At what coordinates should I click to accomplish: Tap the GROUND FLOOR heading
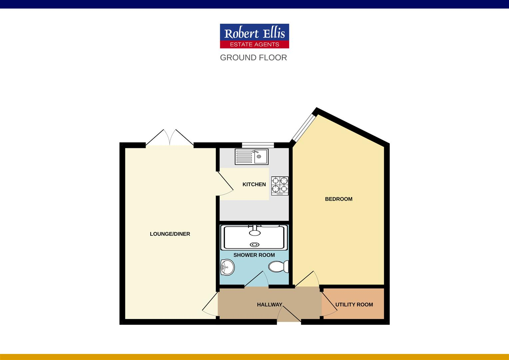tap(253, 58)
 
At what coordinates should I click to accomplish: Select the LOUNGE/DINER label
tap(170, 234)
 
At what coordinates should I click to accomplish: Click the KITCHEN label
tap(254, 184)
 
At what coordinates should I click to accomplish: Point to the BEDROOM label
tap(338, 199)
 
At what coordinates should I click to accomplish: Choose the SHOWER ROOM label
tap(254, 255)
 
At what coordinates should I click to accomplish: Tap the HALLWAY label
tap(269, 305)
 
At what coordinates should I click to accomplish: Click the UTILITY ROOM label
tap(354, 305)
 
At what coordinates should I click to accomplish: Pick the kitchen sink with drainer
tap(252, 157)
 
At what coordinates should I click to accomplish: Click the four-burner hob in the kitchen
tap(280, 186)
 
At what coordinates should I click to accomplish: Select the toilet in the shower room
tap(278, 267)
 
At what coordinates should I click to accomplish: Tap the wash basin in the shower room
tap(228, 267)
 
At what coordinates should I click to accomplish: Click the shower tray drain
tap(255, 245)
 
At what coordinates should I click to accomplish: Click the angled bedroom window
tap(303, 128)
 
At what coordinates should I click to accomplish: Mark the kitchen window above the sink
tap(258, 145)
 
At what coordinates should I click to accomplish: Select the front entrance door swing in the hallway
tap(289, 313)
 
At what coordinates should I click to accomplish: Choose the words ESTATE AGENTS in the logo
tap(254, 44)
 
